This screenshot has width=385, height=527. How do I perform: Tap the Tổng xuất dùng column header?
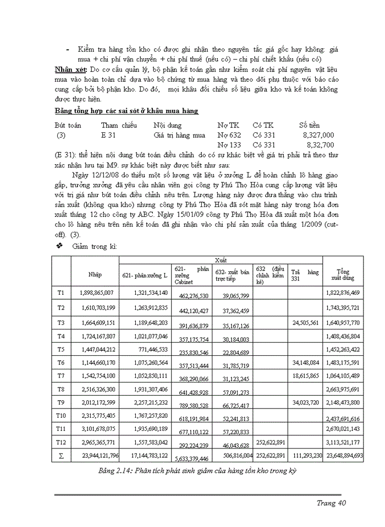click(343, 274)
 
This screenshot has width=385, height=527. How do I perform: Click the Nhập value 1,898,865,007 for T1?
click(96, 293)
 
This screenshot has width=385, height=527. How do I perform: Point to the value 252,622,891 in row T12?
click(270, 441)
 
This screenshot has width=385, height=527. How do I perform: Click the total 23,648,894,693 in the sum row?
click(344, 456)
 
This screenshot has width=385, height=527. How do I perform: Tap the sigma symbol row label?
click(61, 455)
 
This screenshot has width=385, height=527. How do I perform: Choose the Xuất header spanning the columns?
click(221, 260)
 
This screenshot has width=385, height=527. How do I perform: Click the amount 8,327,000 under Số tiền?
click(318, 135)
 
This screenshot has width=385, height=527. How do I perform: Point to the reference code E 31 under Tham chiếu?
click(108, 135)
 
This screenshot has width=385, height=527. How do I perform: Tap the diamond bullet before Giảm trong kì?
click(60, 246)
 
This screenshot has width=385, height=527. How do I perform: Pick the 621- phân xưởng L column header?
click(145, 274)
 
